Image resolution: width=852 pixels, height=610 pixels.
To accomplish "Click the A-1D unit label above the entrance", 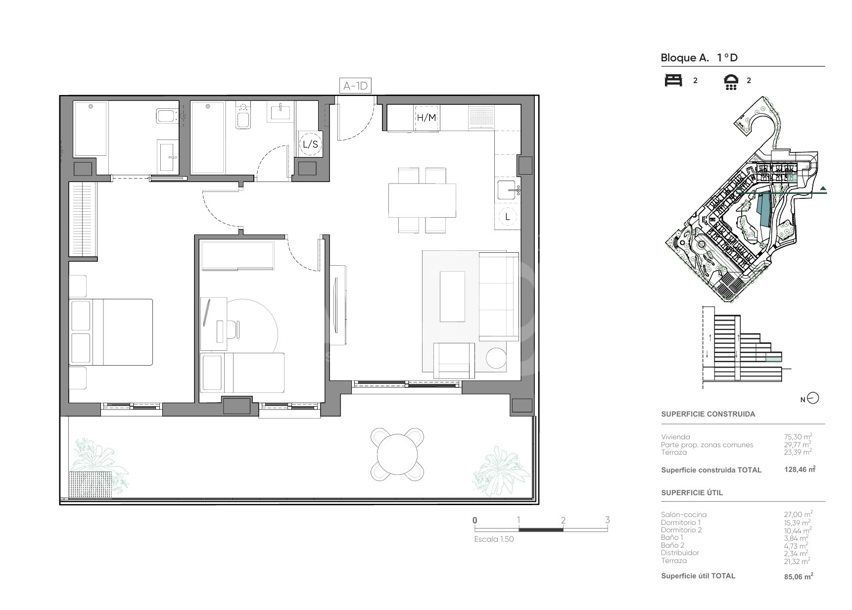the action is click(x=356, y=86).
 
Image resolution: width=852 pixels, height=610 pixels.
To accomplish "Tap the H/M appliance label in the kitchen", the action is click(x=426, y=118).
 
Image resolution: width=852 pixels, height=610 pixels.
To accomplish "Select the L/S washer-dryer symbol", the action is click(x=310, y=144).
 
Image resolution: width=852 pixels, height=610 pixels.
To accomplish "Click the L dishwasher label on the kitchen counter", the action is click(x=508, y=217).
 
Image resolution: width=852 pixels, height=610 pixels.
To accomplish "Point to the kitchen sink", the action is click(x=508, y=190).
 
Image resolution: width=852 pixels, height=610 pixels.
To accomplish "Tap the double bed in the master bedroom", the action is click(x=111, y=332).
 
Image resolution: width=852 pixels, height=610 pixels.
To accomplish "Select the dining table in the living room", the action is click(x=422, y=200).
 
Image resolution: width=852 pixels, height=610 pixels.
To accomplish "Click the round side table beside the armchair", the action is click(x=496, y=357).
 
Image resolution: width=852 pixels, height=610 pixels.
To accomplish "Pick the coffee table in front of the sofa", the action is click(x=452, y=296).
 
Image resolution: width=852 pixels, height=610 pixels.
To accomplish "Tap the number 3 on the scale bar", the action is click(x=607, y=520).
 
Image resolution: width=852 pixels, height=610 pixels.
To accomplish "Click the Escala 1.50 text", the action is click(x=494, y=539).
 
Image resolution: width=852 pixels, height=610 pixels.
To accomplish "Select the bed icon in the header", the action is click(x=673, y=80).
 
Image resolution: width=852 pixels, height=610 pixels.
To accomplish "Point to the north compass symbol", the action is click(x=813, y=398).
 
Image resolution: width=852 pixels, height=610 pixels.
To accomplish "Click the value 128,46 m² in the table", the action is click(x=800, y=469).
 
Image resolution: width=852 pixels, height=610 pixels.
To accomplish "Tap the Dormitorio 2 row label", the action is click(x=681, y=530).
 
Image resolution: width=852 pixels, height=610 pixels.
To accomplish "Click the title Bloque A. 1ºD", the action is click(x=699, y=58).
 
